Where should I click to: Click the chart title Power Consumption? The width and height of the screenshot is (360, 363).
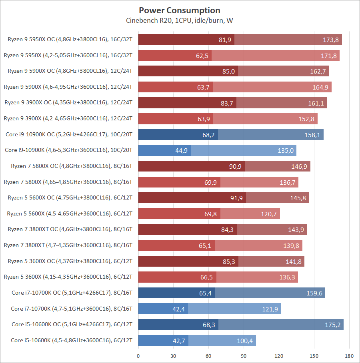click(180, 10)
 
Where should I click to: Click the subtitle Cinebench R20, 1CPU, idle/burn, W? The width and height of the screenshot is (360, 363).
click(180, 20)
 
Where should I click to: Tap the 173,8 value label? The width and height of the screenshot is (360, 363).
click(330, 40)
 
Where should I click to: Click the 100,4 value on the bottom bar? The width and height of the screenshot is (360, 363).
click(245, 341)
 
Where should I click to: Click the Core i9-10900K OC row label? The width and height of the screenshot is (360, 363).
click(69, 135)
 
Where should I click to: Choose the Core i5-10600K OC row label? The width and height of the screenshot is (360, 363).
click(72, 325)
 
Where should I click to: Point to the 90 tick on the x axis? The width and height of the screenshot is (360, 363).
click(244, 355)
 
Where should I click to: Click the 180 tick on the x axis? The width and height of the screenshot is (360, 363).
click(349, 355)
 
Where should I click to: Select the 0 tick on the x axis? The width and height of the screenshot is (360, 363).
click(138, 355)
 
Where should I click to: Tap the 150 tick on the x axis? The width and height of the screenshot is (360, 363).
click(314, 355)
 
